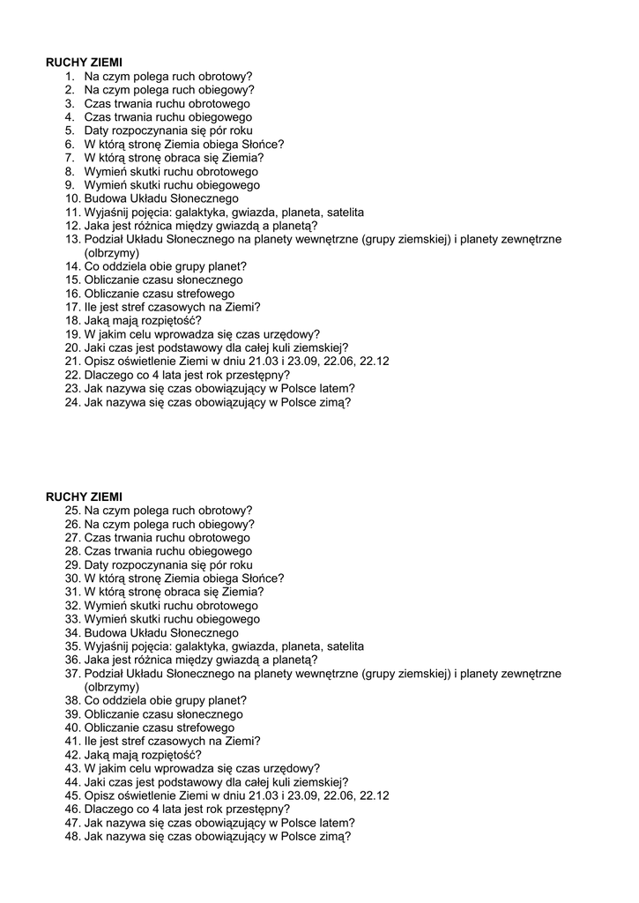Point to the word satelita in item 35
[x=345, y=646]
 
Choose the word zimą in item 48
[x=333, y=836]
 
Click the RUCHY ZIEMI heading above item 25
[x=84, y=496]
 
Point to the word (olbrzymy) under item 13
[x=112, y=252]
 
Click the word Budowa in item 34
[x=104, y=633]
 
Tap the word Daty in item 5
[x=97, y=131]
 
